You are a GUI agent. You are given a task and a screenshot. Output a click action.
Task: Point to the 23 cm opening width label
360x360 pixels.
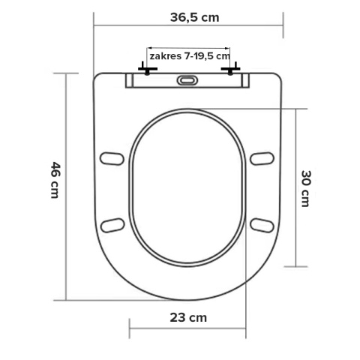[187, 316]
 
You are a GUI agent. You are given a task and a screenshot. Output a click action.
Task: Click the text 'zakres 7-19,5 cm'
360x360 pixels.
[189, 56]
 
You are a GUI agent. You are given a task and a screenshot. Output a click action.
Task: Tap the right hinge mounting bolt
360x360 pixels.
[229, 71]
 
